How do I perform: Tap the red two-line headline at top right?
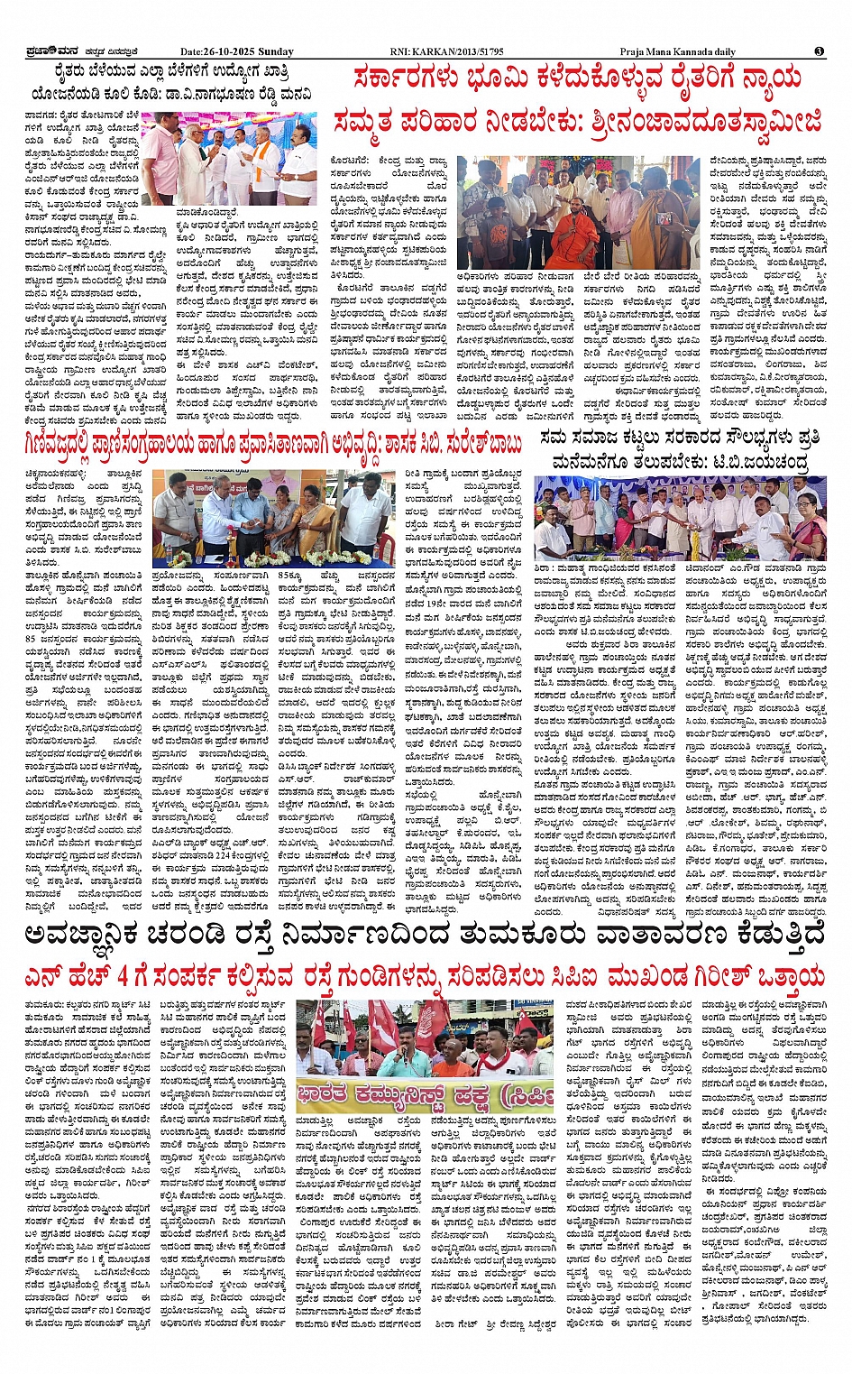point(577,100)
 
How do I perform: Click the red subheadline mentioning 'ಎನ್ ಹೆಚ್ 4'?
point(425,977)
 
